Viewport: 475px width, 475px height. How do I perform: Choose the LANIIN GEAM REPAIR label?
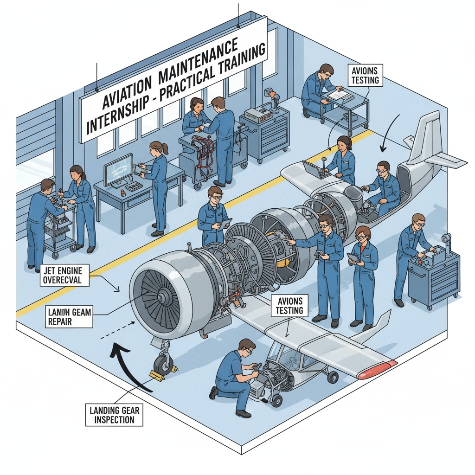click(x=69, y=316)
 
